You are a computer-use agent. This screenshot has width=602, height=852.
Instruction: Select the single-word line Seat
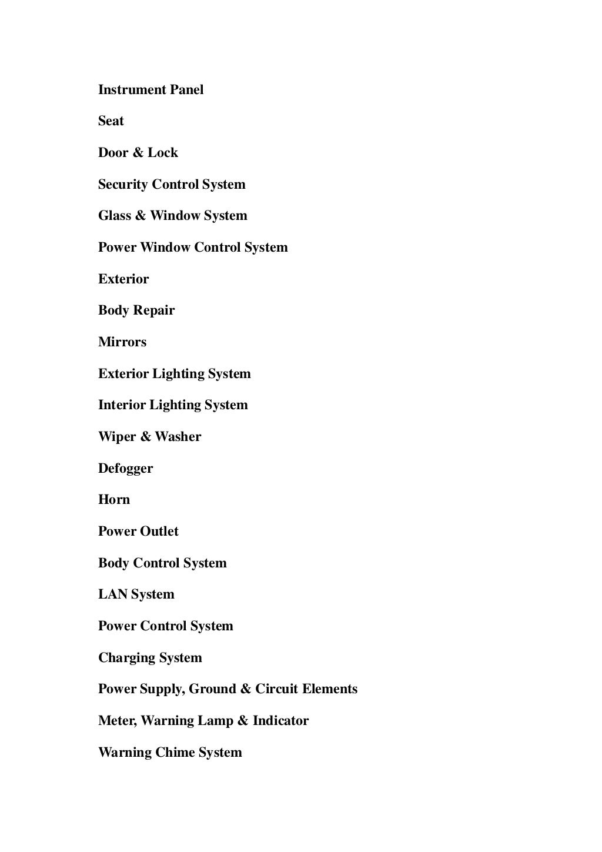tap(111, 121)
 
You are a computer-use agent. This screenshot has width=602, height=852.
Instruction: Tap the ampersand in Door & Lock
tap(138, 153)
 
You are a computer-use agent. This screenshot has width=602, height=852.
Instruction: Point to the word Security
tap(123, 185)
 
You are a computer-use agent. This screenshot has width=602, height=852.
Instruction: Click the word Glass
tap(115, 216)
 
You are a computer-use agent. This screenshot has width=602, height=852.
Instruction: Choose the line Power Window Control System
tap(193, 248)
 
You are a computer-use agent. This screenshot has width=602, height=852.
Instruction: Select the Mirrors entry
tap(122, 342)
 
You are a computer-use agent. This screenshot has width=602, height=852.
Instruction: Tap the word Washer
tap(178, 437)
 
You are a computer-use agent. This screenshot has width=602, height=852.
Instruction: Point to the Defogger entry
tap(125, 469)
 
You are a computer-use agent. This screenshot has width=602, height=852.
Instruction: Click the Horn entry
tap(114, 500)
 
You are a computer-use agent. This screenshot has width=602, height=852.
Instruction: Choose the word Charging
tap(124, 658)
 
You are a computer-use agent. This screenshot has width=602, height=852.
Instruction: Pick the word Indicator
tap(280, 721)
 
